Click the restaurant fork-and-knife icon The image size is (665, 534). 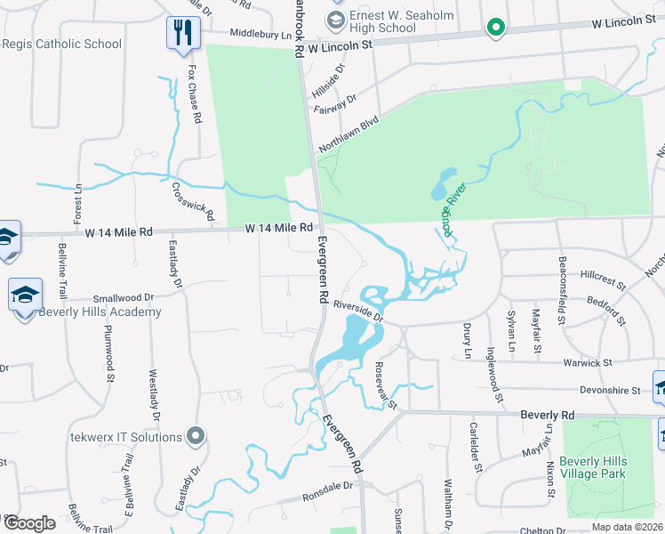click(x=183, y=33)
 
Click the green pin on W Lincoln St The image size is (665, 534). click(x=495, y=29)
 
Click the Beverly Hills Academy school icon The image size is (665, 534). click(x=25, y=294)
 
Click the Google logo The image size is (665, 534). click(x=28, y=523)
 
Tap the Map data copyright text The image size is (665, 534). click(x=627, y=527)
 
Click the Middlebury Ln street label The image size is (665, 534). click(x=260, y=34)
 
